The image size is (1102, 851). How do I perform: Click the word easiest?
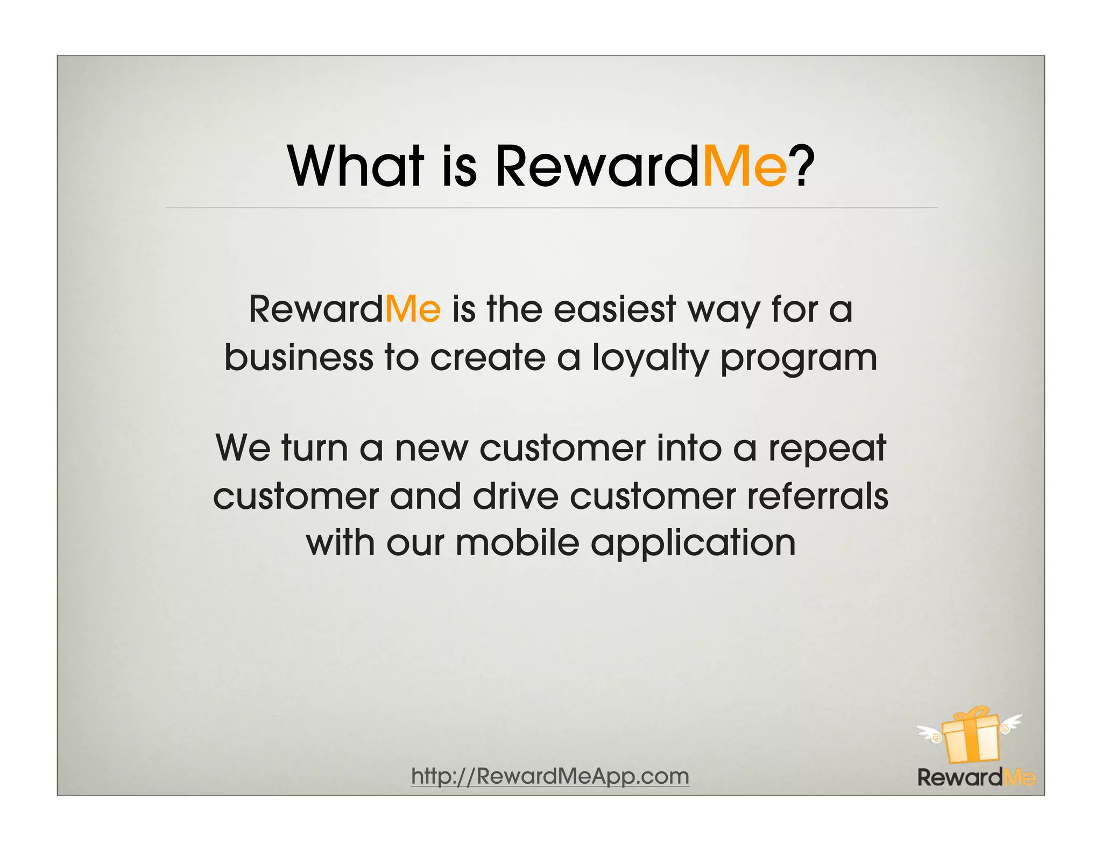[x=614, y=310]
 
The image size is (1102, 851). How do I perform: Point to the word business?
[x=299, y=357]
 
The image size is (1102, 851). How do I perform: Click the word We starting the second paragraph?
[x=243, y=448]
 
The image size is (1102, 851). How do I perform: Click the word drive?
[x=515, y=496]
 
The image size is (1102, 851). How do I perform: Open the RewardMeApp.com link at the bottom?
[x=550, y=776]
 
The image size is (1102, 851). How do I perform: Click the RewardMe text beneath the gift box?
[x=976, y=777]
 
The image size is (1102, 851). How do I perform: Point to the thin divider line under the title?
[x=551, y=208]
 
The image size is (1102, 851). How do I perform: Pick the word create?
[x=488, y=357]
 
